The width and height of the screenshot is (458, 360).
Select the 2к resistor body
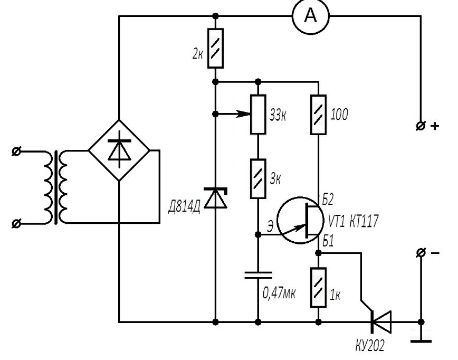pos(215,48)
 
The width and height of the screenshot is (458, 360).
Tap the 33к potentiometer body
pos(258,114)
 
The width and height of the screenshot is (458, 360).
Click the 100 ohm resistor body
pos(318,114)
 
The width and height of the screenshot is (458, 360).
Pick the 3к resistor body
pos(258,178)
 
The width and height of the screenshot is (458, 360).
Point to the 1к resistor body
pos(318,287)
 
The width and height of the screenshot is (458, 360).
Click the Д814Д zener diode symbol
pos(216,198)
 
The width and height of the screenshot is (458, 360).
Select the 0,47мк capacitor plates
pos(258,275)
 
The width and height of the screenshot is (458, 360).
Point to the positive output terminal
pos(421,126)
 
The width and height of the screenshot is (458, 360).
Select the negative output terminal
pos(421,253)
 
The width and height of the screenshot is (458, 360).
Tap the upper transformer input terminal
pos(16,151)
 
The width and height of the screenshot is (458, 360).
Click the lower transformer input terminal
pos(16,223)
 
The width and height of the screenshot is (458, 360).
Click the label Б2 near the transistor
pos(328,200)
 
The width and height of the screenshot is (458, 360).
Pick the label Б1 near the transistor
pos(328,241)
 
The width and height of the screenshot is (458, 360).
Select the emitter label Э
pos(271,226)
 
